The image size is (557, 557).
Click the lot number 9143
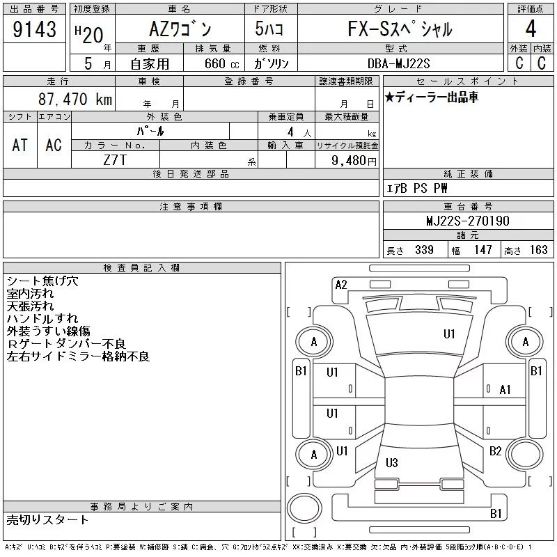coord(34,29)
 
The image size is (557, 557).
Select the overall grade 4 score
coord(531,29)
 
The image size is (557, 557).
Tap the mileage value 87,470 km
coord(75,99)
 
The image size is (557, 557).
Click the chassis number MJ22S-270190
coord(468,221)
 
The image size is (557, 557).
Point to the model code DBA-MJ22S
coord(398,63)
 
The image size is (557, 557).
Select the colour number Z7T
coord(115,160)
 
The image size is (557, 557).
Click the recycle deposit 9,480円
coord(354,161)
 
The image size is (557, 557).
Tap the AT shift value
coord(19,145)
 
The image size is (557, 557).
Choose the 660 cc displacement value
coord(221,63)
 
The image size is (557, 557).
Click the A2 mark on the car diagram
coord(341,285)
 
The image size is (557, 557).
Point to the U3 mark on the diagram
coord(391,462)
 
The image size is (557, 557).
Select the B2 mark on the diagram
coord(495,451)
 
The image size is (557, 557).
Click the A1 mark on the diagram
coord(505,390)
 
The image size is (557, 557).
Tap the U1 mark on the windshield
coord(449,334)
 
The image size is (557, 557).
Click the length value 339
coord(424,250)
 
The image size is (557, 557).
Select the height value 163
coord(538,250)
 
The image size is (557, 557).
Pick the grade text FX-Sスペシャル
coord(400,29)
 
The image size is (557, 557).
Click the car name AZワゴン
coord(180,29)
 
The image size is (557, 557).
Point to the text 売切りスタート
coord(47,519)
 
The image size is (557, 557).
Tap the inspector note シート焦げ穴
coord(42,281)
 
